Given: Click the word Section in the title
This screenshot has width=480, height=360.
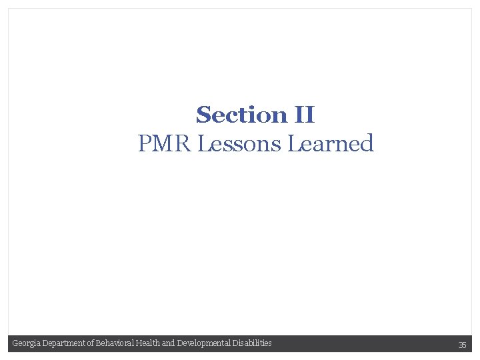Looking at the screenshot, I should pos(241,115).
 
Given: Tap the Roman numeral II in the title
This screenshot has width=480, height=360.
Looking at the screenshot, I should pos(304,115).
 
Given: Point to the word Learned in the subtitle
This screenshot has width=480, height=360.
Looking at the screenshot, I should pos(331,143).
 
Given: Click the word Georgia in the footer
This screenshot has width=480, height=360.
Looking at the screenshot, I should pos(25,343).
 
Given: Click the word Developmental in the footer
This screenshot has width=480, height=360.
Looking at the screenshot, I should pos(203,343).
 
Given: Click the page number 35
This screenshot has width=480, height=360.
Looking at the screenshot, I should pos(462,345).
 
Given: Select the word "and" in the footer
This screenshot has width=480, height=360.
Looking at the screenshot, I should pos(169,343).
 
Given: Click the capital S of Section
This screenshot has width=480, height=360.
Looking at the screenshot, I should pos(203,115).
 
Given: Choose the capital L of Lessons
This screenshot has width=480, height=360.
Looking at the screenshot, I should pos(205,143).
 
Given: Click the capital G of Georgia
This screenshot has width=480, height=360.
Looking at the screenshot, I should pos(15,343).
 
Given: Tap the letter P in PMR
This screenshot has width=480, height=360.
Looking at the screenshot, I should pos(145,143).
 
